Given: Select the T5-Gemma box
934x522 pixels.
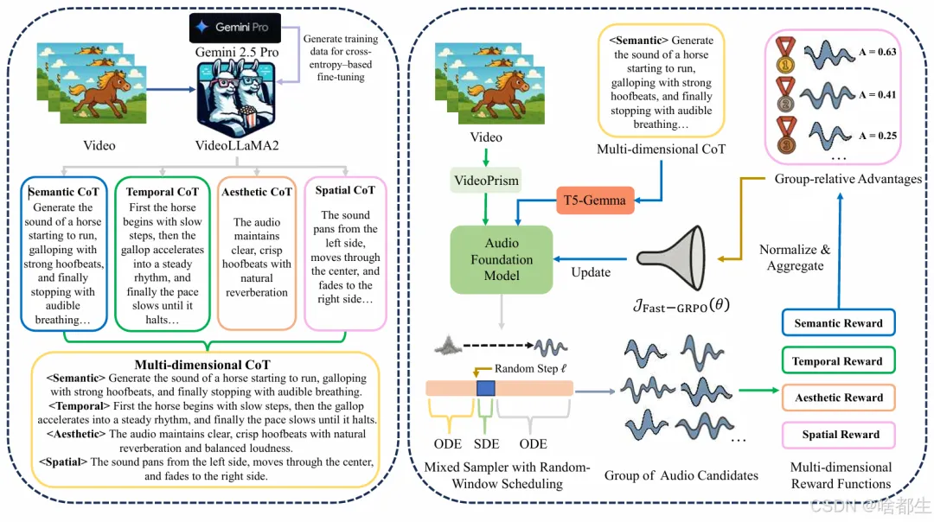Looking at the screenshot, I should (x=596, y=201).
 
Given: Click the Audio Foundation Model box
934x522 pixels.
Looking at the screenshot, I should (x=502, y=259).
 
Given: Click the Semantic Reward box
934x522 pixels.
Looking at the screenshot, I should (x=838, y=323).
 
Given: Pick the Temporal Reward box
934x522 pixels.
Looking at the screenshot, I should (x=838, y=361).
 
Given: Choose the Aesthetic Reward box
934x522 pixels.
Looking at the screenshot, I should (x=838, y=398).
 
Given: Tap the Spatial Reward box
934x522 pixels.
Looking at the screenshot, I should (x=840, y=435).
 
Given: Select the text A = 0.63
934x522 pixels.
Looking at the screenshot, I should (x=875, y=52).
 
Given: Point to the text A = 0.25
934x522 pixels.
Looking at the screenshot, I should (x=875, y=136).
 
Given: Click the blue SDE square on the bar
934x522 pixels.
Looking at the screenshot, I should (x=486, y=388).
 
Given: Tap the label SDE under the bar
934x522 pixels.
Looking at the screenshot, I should (x=486, y=443).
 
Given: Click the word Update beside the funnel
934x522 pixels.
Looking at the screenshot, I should (x=592, y=272).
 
